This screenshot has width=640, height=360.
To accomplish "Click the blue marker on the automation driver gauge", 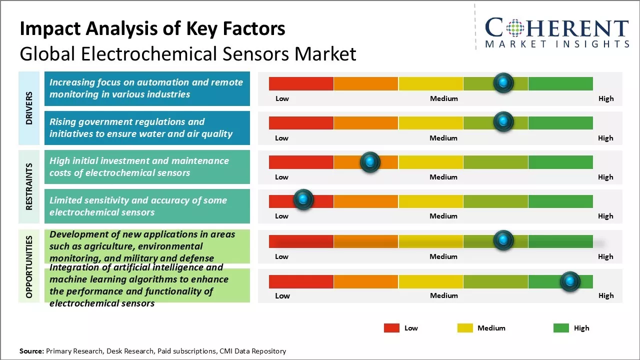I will coord(503,82).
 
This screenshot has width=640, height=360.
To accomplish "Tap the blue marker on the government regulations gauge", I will coord(503,121).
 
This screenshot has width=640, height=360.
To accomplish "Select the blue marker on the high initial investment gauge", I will coord(370,162).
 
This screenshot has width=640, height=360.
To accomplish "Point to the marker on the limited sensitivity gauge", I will coord(303,199).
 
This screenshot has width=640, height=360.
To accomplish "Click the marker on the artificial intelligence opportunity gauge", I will coord(569,281).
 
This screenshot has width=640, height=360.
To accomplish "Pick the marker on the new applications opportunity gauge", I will coord(503,240).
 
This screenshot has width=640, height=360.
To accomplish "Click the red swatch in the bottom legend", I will coord(391,328).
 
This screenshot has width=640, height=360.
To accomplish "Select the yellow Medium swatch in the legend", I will coord(465,328).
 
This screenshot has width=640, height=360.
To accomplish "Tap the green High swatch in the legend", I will coord(561,328).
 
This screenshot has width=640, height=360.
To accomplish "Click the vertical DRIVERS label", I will coord(29,108).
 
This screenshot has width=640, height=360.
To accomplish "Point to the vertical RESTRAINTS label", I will coord(29,186).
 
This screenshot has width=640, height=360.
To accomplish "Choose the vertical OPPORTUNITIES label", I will coord(29,266).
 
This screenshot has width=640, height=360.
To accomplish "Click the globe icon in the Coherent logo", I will coord(516,28).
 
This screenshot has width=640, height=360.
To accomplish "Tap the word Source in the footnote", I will coord(32,351).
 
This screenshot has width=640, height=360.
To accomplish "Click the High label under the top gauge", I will coord(606,98).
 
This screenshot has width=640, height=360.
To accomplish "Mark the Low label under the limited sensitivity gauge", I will coord(281,216).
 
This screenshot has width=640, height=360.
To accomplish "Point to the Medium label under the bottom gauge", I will coord(444,295).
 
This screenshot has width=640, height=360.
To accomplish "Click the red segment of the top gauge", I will coord(301,83).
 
